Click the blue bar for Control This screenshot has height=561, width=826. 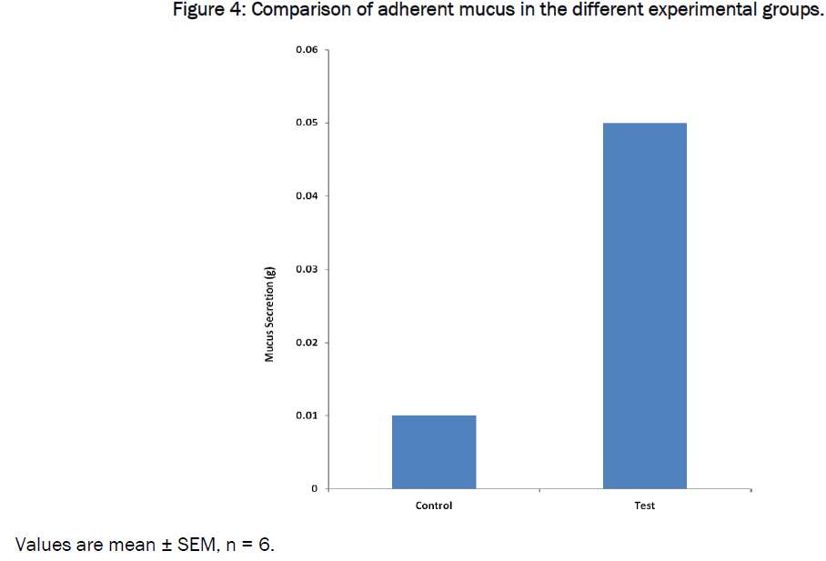coord(433,452)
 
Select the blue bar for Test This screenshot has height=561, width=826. coord(644,306)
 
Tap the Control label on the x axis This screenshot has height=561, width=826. coord(433,506)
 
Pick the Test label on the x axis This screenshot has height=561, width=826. coord(644,506)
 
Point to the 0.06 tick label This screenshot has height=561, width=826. coord(306,50)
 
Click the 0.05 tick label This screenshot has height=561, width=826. coord(306,123)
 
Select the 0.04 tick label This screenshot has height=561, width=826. coord(306,196)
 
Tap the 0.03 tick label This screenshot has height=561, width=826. coord(306,270)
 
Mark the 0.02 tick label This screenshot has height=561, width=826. coord(306,343)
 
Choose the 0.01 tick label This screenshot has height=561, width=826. coord(306,416)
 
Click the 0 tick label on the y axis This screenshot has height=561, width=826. coord(314,489)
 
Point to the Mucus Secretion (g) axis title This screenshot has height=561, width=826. coord(269,315)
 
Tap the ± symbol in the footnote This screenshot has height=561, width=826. coord(162,546)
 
